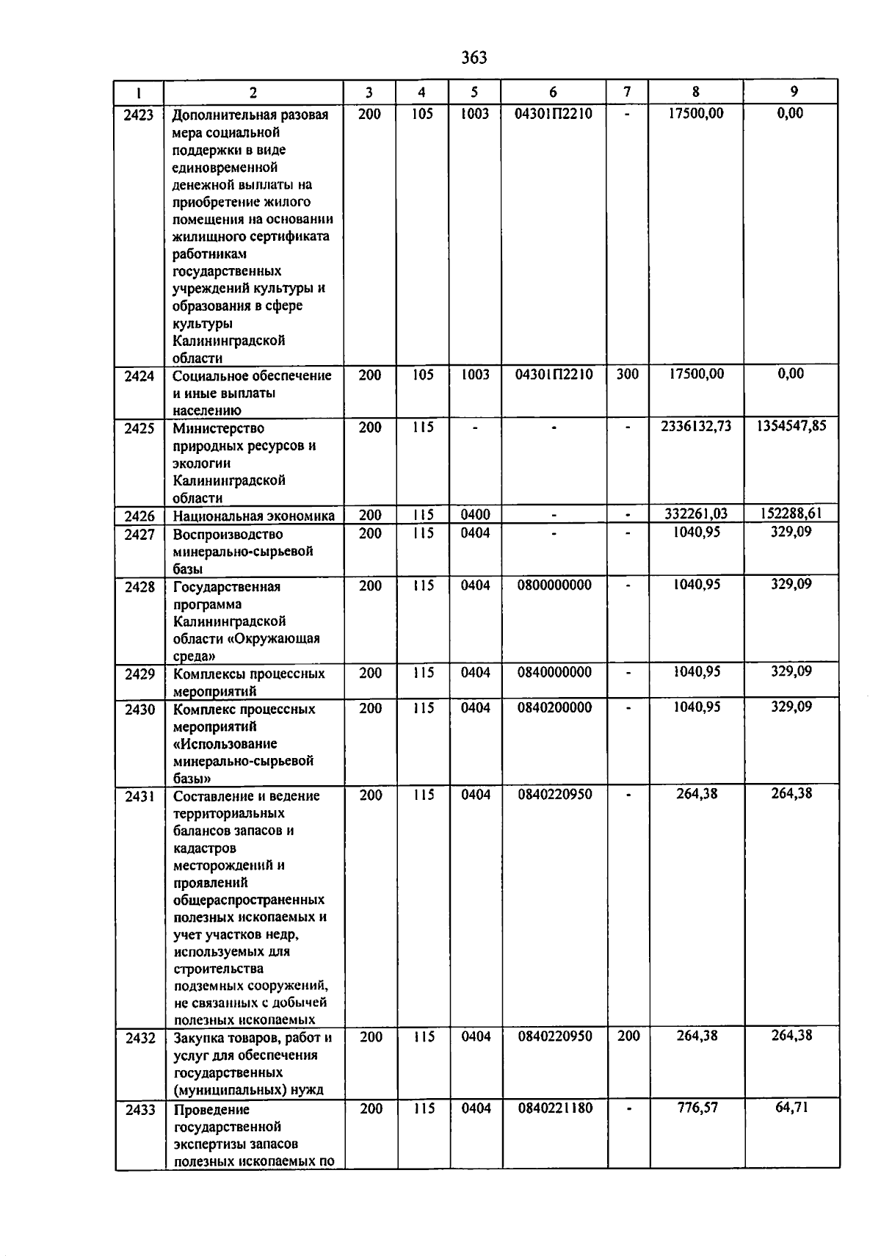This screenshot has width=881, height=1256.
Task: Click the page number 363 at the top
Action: click(474, 57)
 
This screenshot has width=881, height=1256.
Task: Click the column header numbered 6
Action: click(553, 92)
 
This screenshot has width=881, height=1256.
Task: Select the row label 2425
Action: click(139, 428)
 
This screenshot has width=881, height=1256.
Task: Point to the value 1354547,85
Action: click(791, 426)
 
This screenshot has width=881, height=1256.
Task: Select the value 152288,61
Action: click(791, 513)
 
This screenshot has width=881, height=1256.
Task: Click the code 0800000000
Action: click(554, 585)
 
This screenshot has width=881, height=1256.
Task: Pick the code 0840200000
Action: click(554, 708)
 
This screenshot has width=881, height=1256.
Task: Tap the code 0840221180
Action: click(555, 1108)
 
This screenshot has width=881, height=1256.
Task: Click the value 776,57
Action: click(697, 1107)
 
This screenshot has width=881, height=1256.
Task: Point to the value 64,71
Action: click(791, 1107)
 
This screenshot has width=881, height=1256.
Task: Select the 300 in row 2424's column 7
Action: click(627, 374)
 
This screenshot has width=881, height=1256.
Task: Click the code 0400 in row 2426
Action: click(475, 515)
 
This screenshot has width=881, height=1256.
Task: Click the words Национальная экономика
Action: click(253, 516)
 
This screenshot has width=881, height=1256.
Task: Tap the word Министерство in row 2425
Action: click(219, 428)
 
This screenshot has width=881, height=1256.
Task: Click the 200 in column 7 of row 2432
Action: click(628, 1036)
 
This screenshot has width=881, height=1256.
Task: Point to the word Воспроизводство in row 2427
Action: click(228, 534)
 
